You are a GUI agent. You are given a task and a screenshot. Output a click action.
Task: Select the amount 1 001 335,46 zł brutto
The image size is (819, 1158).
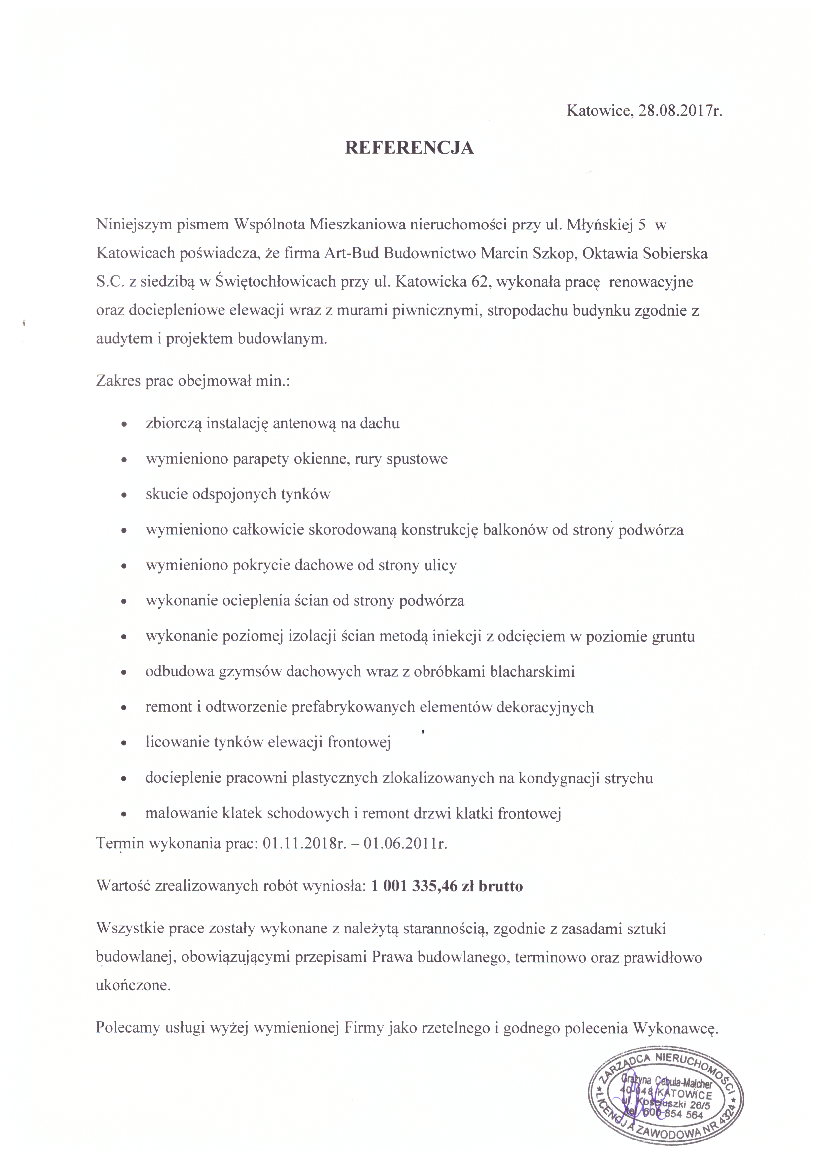tap(447, 886)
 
